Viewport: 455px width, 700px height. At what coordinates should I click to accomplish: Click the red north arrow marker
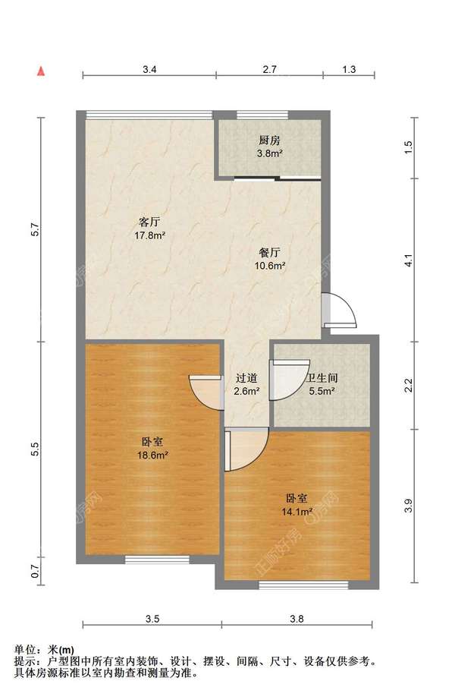(x=41, y=71)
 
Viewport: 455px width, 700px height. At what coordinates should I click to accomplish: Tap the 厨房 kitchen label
(x=269, y=140)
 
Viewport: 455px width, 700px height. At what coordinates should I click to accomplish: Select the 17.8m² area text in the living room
(x=150, y=235)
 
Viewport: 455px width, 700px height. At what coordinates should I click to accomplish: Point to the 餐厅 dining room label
(x=269, y=253)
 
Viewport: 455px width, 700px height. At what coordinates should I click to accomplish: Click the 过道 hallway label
(x=246, y=379)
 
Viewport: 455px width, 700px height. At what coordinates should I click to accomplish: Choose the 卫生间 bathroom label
(x=322, y=379)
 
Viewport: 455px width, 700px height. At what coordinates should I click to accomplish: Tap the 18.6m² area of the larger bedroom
(x=152, y=456)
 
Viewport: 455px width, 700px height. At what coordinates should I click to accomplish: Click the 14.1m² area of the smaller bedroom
(x=297, y=512)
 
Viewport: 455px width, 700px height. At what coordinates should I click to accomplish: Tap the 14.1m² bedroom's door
(x=246, y=449)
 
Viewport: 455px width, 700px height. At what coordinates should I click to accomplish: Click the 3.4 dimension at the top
(x=149, y=69)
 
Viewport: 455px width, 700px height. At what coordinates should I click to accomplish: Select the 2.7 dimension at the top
(x=269, y=69)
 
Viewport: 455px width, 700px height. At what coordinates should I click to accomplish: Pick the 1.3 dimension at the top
(x=349, y=69)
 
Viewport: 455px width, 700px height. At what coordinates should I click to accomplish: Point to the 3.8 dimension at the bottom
(x=297, y=619)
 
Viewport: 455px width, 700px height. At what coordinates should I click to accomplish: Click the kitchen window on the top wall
(x=262, y=115)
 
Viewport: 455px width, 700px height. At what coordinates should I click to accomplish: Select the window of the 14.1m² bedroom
(x=303, y=585)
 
